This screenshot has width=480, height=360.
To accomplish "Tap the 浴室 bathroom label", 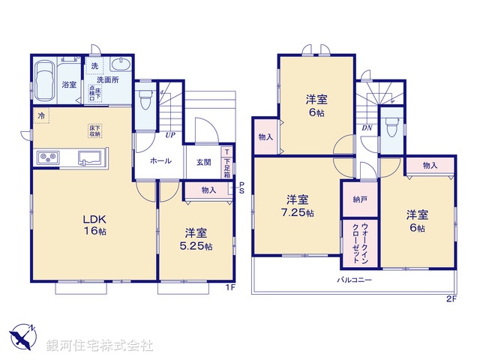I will point(69,85).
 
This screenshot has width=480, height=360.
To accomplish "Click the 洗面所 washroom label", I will point(109,79).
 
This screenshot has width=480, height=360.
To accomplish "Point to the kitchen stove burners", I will point(46,157).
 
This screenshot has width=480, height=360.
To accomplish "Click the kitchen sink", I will point(90,157).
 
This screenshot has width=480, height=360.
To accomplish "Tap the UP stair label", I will point(170,136).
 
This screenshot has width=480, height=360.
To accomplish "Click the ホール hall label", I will point(160,161).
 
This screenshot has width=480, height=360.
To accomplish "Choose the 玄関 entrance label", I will point(204,161).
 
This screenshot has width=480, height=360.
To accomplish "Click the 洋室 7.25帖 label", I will point(298,206).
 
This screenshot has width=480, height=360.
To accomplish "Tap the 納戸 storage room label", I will point(358,200).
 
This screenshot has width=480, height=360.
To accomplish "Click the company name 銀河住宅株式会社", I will point(99,345).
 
